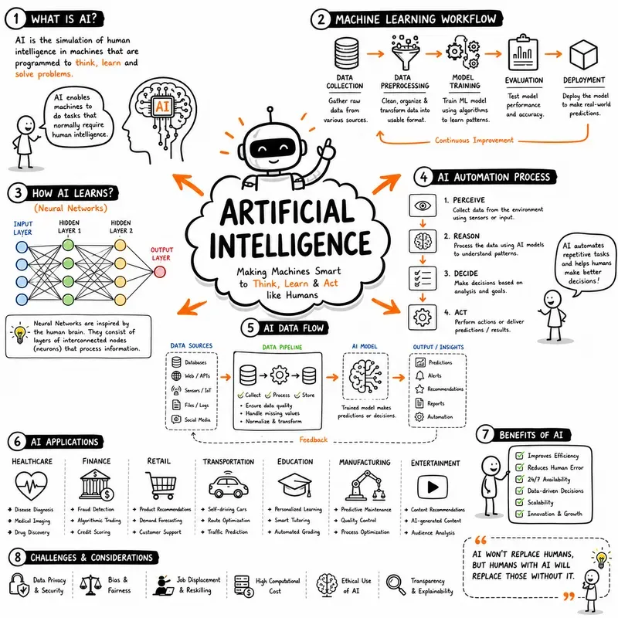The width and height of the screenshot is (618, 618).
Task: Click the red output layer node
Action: click(160, 272)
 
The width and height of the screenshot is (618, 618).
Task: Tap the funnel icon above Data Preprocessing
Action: click(405, 53)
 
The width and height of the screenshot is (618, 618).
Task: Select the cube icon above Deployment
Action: click(584, 55)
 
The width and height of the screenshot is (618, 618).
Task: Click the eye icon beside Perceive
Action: click(423, 205)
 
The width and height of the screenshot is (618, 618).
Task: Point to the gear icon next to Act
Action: click(423, 317)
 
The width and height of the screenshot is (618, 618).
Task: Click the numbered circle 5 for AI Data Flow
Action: click(250, 328)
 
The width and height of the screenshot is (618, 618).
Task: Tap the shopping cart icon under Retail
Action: click(161, 485)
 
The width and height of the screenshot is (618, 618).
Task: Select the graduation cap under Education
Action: click(295, 485)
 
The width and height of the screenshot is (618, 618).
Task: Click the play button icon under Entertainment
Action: click(433, 487)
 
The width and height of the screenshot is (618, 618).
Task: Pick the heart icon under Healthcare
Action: click(31, 486)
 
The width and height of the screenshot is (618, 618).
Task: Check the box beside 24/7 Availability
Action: click(520, 479)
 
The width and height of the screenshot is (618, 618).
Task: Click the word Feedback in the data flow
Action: click(314, 440)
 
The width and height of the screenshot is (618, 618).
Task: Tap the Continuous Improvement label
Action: click(474, 141)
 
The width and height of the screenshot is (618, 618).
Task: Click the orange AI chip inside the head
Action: click(162, 106)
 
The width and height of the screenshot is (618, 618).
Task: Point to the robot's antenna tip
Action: click(270, 109)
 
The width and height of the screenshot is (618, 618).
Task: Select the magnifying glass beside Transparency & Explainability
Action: click(396, 585)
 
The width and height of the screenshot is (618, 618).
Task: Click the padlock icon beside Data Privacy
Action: click(19, 585)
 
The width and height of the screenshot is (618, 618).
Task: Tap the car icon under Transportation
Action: click(228, 484)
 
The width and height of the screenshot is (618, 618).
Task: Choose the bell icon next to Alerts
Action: click(419, 375)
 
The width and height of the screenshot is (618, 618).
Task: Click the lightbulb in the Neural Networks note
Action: click(19, 334)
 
